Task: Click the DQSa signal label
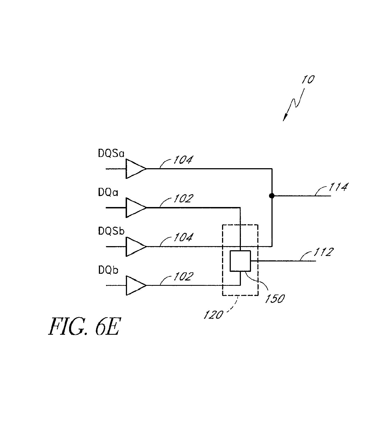(111, 154)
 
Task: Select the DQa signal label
(108, 193)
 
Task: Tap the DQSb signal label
(111, 232)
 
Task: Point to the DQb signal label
(108, 270)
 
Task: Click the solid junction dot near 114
(271, 196)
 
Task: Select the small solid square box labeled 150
(240, 261)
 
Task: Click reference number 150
(274, 299)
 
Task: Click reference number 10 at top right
(308, 80)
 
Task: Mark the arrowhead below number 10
(285, 118)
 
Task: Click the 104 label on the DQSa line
(182, 160)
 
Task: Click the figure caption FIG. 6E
(84, 327)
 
